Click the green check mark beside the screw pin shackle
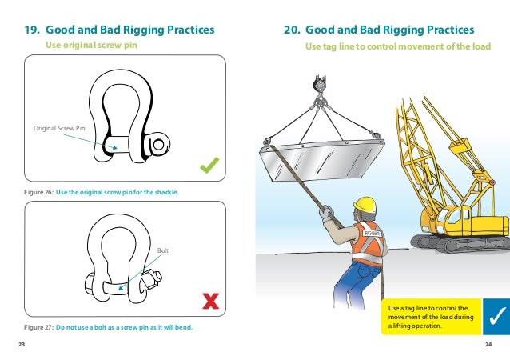(210, 166)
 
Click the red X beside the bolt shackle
(210, 301)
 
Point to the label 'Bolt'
(164, 251)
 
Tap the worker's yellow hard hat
(365, 205)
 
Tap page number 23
(22, 344)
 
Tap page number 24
(488, 344)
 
